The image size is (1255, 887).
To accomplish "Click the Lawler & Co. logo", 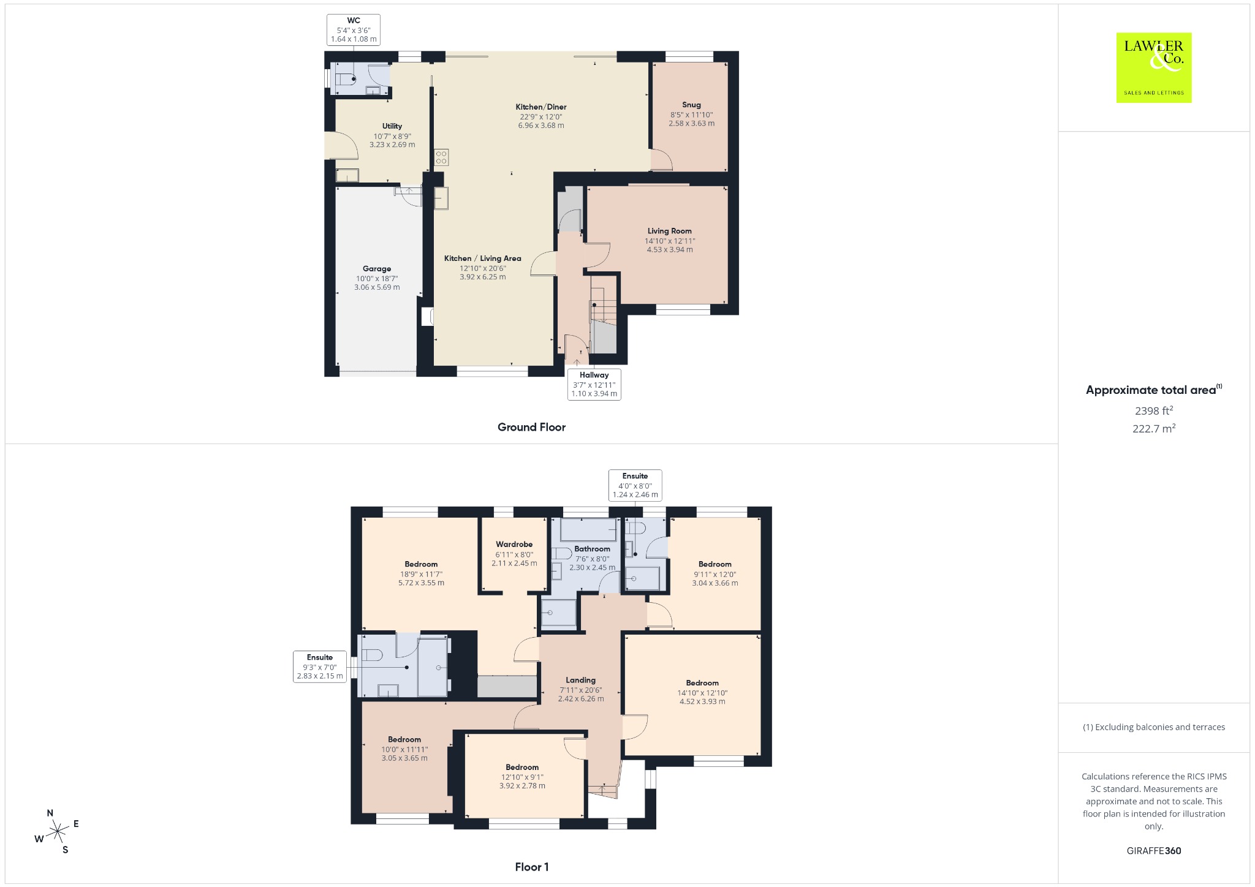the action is [x=1154, y=67].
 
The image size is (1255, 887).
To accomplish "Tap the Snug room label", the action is [x=691, y=105].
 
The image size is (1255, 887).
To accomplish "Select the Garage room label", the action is [x=377, y=268].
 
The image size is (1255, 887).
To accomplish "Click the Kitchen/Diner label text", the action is [x=541, y=107].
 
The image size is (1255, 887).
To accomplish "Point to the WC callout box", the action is [x=354, y=29].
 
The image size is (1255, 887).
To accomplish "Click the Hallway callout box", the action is [x=594, y=384].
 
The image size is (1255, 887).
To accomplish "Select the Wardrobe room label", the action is [x=514, y=544].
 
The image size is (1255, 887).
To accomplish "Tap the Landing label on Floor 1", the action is [x=580, y=680].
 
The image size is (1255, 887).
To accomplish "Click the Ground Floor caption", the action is [x=531, y=427].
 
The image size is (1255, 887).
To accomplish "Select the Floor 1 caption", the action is [x=531, y=867].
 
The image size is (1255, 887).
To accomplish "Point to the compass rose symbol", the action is [x=57, y=831].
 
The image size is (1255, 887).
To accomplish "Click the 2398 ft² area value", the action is [x=1154, y=410].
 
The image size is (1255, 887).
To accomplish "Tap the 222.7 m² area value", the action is [x=1154, y=428].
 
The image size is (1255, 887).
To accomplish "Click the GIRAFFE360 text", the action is [x=1154, y=850].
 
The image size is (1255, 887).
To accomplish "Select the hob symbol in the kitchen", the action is [x=441, y=157].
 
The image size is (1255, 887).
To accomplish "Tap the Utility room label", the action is [x=392, y=126].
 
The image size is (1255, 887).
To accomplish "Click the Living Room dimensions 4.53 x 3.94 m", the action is [x=670, y=249].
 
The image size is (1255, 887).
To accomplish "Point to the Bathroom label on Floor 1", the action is [x=592, y=549].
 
